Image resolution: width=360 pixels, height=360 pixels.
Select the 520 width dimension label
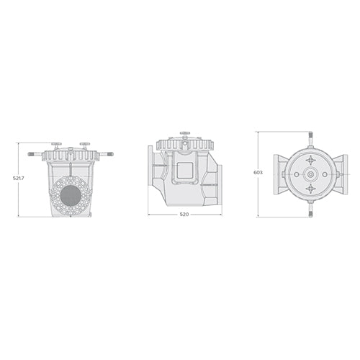point(184,224)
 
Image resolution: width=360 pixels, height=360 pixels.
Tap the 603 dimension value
point(258,173)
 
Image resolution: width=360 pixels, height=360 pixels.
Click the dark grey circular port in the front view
point(71,195)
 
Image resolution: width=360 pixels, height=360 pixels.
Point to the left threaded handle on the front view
point(36,154)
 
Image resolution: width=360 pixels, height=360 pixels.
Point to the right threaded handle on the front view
point(106,154)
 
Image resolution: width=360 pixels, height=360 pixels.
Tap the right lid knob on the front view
point(85,145)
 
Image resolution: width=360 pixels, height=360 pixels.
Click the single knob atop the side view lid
point(185,134)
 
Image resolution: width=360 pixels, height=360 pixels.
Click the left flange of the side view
point(151,174)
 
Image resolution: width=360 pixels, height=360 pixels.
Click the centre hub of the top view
point(310,174)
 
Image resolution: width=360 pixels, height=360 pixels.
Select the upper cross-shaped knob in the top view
point(310,160)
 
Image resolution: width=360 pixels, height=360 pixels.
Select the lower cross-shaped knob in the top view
point(310,189)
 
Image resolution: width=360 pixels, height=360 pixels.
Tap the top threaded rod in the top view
point(310,138)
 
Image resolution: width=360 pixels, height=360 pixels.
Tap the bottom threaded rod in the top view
point(310,211)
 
